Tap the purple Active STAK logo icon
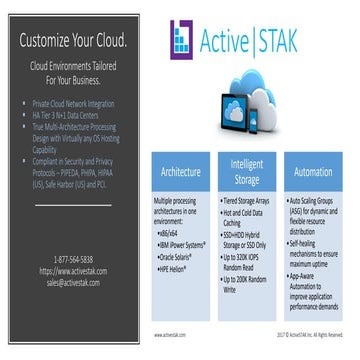click(x=184, y=39)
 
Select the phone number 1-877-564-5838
click(x=72, y=259)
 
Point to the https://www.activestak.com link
click(x=72, y=270)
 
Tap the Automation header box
click(x=312, y=172)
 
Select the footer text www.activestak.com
click(x=172, y=335)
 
